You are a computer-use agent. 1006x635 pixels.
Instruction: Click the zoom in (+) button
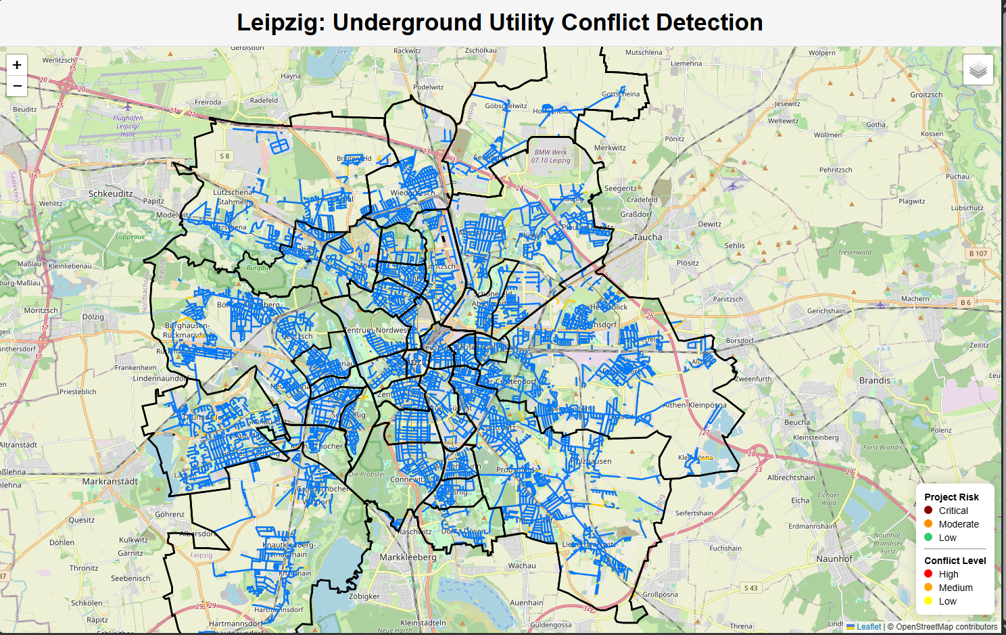click(17, 65)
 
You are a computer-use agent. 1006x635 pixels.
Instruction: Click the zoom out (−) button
click(17, 86)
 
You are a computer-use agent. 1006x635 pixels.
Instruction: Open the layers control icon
click(978, 70)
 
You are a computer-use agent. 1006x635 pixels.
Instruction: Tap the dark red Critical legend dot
click(928, 511)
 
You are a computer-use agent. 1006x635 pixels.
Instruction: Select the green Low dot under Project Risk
click(928, 538)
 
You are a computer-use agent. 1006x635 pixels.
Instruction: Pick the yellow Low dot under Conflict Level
click(928, 601)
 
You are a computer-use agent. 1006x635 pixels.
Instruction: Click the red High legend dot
click(928, 574)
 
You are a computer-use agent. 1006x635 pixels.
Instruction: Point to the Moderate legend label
click(958, 524)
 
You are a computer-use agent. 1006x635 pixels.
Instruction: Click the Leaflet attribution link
click(868, 627)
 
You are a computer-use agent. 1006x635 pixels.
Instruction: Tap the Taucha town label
click(648, 237)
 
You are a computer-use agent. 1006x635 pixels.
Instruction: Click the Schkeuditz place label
click(111, 193)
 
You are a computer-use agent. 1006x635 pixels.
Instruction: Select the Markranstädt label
click(110, 481)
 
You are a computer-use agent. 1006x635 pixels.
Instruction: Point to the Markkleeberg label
click(408, 557)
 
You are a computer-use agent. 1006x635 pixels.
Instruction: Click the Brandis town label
click(875, 381)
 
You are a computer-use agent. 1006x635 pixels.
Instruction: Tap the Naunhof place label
click(834, 559)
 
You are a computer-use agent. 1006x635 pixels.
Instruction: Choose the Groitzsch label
click(926, 95)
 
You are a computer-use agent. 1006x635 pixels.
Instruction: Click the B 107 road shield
click(978, 254)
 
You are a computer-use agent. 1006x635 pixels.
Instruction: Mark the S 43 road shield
click(750, 588)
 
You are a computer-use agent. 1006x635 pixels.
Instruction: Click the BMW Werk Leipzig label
click(550, 156)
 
